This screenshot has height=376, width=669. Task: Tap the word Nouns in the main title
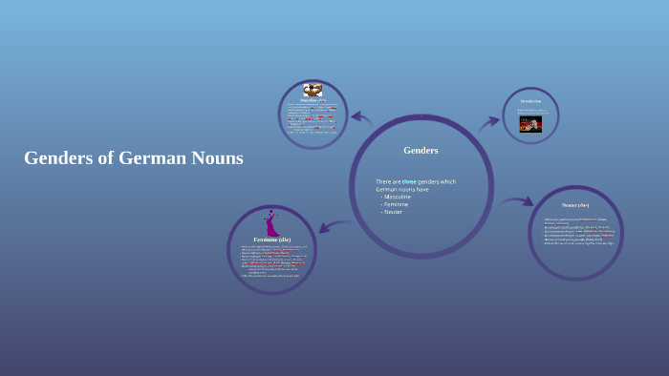(x=218, y=158)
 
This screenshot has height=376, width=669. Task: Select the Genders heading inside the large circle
(x=421, y=151)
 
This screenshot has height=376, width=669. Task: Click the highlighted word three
(x=409, y=181)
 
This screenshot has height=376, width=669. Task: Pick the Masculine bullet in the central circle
(x=397, y=197)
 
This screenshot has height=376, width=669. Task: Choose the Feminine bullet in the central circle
(x=395, y=204)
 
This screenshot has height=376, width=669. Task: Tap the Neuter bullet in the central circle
(x=392, y=212)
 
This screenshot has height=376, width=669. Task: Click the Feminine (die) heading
(x=271, y=239)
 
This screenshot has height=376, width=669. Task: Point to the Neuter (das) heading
(x=575, y=205)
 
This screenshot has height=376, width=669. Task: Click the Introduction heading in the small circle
(x=530, y=100)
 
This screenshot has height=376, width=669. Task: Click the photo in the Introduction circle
(x=530, y=123)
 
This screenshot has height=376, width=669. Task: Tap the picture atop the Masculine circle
(x=313, y=91)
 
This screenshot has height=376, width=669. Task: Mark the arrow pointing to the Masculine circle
(x=361, y=117)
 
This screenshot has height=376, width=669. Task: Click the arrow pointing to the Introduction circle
(x=489, y=121)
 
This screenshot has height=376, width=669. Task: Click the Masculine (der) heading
(x=313, y=100)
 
